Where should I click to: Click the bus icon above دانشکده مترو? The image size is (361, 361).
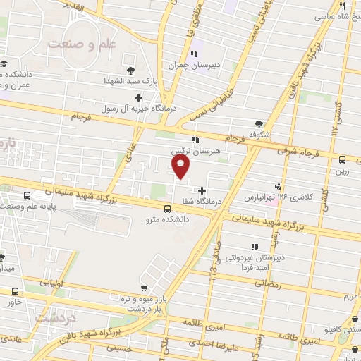(x=166, y=209)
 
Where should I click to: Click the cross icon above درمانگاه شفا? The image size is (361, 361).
(x=203, y=190)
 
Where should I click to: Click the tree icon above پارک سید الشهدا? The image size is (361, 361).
(x=131, y=69)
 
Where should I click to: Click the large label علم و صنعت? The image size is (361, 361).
(x=81, y=44)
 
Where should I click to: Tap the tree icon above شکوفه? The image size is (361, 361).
(x=258, y=123)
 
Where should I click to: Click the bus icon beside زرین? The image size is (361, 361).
(x=342, y=159)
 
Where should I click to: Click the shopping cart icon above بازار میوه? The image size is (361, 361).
(x=145, y=288)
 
